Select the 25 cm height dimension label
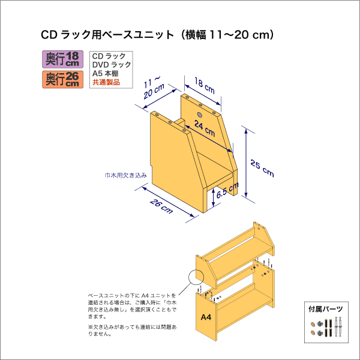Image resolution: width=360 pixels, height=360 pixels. click(262, 169)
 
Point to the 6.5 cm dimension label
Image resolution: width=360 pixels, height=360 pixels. click(227, 193)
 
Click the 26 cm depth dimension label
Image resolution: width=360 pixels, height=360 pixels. click(160, 205)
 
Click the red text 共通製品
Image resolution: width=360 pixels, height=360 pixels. click(106, 82)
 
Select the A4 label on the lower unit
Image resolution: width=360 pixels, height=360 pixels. click(205, 317)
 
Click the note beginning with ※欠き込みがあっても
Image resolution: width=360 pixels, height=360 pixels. click(133, 330)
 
